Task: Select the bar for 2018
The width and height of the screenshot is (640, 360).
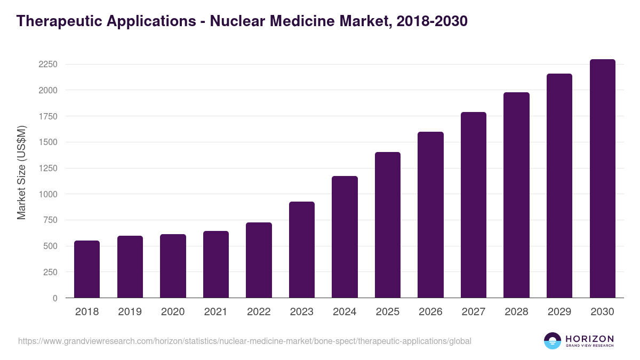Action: coord(87,269)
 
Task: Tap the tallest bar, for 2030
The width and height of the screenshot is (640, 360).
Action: coord(602,179)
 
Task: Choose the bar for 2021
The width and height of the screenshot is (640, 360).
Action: coord(216,265)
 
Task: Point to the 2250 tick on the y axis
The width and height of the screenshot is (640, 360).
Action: coord(47,65)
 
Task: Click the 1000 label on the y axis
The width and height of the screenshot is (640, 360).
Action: coord(47,194)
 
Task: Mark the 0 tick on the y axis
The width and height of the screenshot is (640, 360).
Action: coord(54,298)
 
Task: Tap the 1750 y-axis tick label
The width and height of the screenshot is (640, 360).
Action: coord(47,116)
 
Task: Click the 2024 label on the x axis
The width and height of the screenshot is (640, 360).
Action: coord(345,311)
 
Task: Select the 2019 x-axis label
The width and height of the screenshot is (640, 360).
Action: coord(130,311)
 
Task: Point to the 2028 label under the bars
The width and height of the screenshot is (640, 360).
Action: coord(516,311)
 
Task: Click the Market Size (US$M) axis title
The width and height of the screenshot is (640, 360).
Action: coord(21,173)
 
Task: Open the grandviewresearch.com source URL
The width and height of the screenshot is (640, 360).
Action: coord(245,341)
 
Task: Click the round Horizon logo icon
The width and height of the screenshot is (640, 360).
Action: coord(553,341)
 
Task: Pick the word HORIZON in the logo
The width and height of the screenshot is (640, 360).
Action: coord(589,338)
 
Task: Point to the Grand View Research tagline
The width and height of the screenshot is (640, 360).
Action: coord(589,346)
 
